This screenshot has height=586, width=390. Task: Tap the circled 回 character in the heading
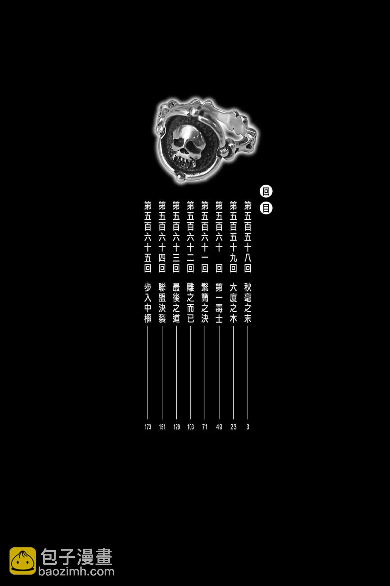coord(266,192)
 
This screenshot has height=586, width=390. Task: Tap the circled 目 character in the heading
coord(266,208)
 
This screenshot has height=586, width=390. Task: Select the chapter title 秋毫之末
coord(248,303)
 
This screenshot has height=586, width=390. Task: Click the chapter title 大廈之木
coord(233,303)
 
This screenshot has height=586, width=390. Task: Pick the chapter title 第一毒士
coord(219,303)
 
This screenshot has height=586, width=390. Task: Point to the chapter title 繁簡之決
coord(205,303)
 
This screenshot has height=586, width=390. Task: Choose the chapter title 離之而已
coord(191,303)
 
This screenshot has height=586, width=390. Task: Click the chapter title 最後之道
coord(176,303)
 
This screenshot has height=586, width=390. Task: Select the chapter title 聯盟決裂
coord(162,303)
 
